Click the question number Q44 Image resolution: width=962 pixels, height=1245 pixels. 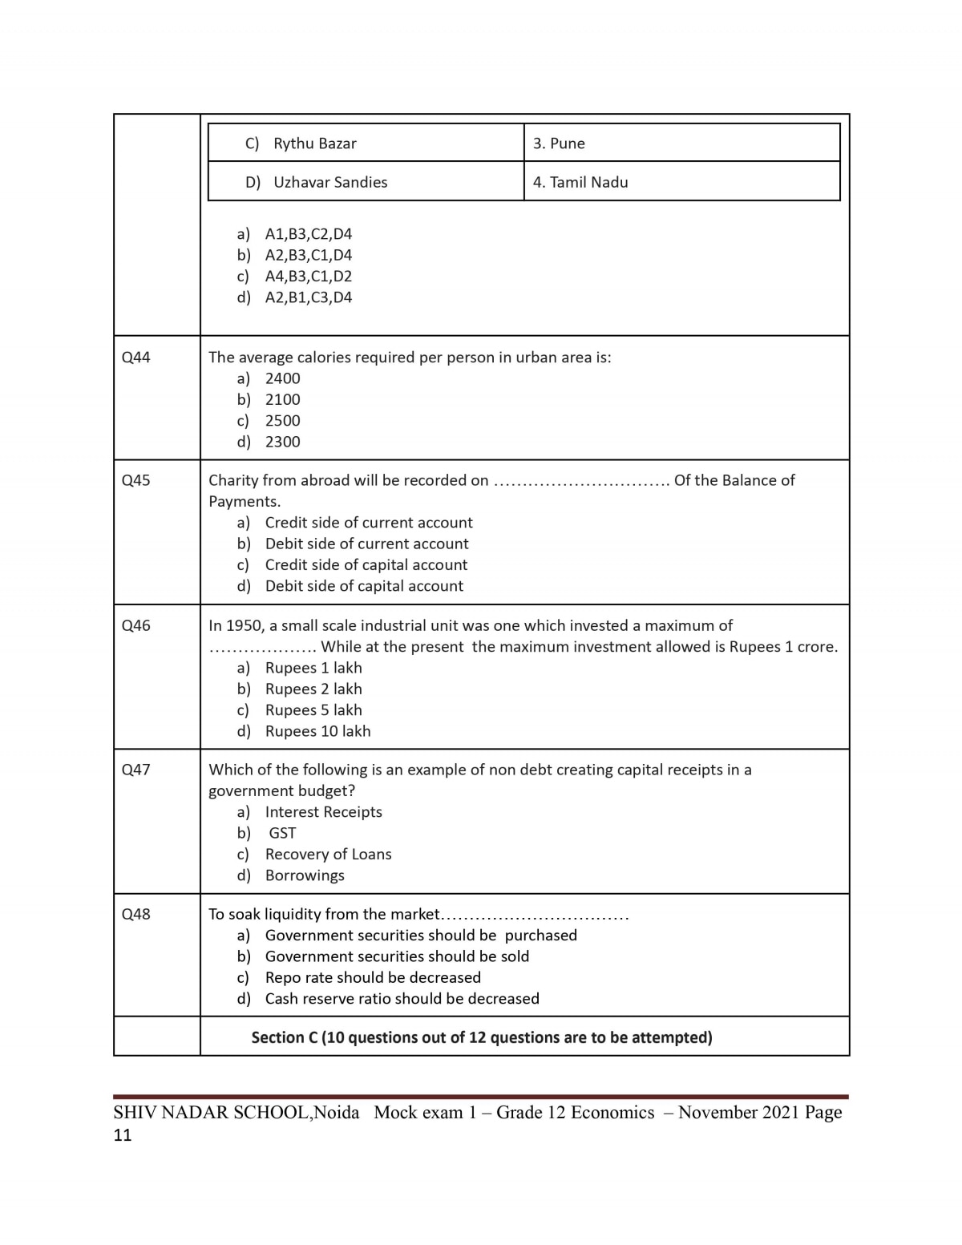135,358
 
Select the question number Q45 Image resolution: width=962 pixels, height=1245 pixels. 135,480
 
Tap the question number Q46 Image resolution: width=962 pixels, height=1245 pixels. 135,625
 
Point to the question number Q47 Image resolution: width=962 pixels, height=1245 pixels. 135,770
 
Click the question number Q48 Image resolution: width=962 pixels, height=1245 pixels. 135,914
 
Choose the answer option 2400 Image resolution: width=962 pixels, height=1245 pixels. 282,378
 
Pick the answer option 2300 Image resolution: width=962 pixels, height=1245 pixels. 282,442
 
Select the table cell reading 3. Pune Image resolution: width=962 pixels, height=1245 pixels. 559,143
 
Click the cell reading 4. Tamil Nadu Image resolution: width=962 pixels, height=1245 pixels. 580,182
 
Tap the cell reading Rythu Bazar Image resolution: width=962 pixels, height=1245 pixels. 314,143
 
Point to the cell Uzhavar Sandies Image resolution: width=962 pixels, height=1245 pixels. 329,182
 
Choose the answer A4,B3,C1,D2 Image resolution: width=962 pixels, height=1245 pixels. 308,277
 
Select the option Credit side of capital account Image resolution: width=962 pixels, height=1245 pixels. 366,565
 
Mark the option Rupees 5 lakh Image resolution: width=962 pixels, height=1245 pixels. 313,710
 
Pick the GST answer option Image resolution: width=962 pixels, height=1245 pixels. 282,833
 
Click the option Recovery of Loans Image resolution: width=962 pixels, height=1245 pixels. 328,855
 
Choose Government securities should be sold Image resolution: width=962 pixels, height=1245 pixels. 397,956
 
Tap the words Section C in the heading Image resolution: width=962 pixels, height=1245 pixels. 284,1037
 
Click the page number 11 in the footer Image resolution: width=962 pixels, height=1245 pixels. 122,1135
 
